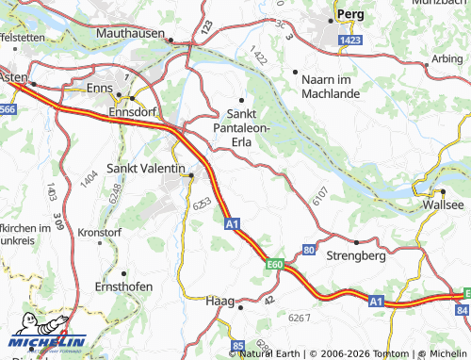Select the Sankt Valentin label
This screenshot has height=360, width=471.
(x=146, y=167)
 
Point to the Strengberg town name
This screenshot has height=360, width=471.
(x=356, y=255)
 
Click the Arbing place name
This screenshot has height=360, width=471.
(x=447, y=58)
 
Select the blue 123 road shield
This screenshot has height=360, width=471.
(x=206, y=31)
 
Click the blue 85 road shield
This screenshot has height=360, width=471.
(x=237, y=345)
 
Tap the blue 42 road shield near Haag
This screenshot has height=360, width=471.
(x=268, y=300)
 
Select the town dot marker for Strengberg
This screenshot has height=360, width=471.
(x=356, y=241)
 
